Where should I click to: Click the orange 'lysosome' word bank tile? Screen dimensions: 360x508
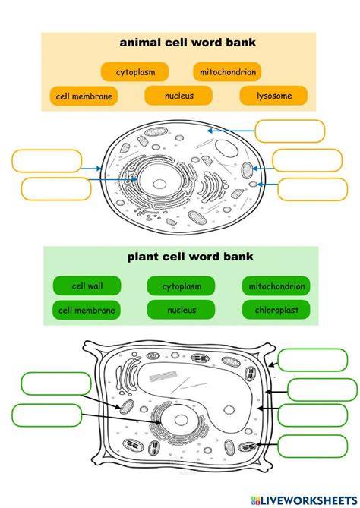273,96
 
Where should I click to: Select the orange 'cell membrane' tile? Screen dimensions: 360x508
84,96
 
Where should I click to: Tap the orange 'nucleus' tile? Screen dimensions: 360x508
178,96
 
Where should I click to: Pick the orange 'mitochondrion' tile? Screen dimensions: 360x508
228,72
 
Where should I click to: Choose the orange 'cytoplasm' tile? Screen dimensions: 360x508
135,72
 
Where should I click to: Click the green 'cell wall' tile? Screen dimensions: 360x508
87,286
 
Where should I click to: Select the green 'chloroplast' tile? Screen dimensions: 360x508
276,310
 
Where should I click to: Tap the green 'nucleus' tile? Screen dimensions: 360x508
181,310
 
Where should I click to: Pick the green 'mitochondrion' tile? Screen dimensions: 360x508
276,286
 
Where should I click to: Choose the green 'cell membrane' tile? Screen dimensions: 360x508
87,310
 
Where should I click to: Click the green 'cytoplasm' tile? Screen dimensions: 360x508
181,286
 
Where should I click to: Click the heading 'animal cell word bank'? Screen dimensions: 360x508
188,42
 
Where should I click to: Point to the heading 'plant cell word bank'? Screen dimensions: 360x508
190,257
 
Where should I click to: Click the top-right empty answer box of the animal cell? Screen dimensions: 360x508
290,131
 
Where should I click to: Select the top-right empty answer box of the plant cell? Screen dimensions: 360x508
313,360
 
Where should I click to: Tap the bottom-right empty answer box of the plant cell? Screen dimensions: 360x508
313,446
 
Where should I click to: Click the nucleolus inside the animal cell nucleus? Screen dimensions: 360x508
159,184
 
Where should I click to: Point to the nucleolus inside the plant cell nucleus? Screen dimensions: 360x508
181,420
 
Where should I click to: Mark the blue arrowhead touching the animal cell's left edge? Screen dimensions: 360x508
99,169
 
